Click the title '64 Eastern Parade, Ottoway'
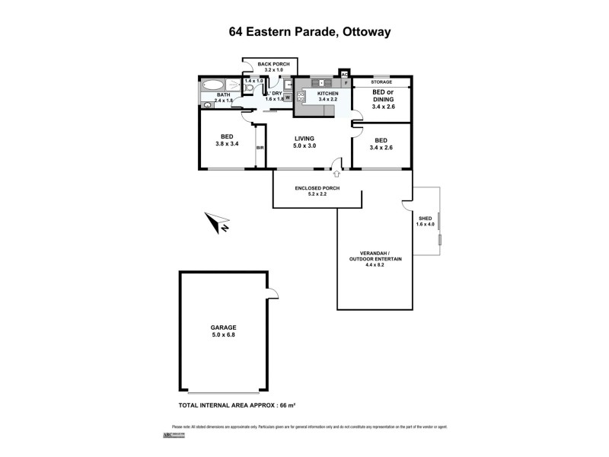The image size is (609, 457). click(x=304, y=33)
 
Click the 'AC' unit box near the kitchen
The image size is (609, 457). click(x=344, y=75)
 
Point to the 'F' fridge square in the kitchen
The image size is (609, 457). click(x=345, y=83)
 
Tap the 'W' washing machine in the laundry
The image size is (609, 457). click(x=288, y=107)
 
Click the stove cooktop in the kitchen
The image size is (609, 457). click(x=301, y=97)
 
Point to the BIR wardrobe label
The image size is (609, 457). click(x=260, y=148)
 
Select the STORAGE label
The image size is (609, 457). click(x=381, y=81)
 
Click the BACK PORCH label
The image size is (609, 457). click(x=269, y=64)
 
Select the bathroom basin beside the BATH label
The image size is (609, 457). click(x=207, y=105)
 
